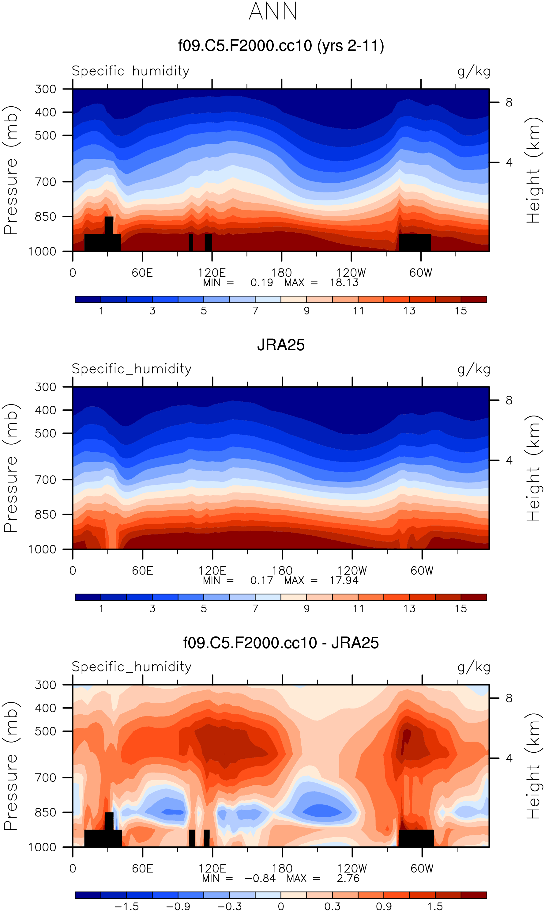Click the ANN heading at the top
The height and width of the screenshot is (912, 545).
[x=273, y=11]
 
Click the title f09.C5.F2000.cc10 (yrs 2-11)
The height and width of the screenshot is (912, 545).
[x=281, y=46]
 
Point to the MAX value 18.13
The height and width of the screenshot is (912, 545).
[x=344, y=282]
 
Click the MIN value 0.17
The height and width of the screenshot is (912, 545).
[x=261, y=580]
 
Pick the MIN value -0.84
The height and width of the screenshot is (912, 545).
[x=260, y=878]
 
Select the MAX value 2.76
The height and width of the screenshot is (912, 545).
[x=348, y=878]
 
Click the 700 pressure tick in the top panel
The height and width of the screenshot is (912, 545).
[x=46, y=182]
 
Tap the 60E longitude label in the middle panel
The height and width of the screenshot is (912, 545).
[x=142, y=571]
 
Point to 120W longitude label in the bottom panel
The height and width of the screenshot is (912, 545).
[x=352, y=868]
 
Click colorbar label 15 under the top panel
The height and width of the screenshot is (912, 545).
[x=460, y=311]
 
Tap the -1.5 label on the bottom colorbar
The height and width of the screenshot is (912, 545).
[x=126, y=906]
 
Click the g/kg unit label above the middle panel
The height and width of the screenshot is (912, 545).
[x=474, y=369]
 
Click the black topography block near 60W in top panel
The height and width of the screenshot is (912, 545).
[x=415, y=242]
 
